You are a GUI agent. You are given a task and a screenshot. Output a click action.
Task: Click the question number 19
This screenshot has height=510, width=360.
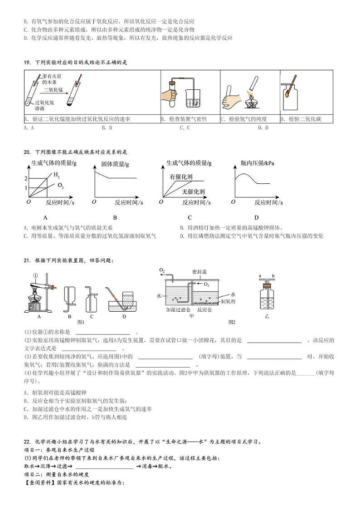pos(26,62)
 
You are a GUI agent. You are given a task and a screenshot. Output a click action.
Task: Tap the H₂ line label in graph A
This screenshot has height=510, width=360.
pos(56,174)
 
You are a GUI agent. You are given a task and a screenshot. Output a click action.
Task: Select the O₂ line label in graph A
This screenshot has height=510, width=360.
pos(60,185)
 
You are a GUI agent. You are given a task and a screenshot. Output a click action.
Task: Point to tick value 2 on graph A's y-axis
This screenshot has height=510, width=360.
pos(26,179)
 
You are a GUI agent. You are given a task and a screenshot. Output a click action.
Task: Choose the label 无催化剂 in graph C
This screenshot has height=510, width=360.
pos(194,192)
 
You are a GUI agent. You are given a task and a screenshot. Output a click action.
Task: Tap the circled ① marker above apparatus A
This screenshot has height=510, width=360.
pos(35,275)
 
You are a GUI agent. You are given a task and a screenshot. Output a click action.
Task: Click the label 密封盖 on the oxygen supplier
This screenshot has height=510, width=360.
pos(199,272)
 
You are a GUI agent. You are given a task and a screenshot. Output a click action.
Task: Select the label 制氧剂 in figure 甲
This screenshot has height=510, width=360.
pos(227,301)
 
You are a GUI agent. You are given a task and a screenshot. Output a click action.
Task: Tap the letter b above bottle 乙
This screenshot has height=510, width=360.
pos(273,275)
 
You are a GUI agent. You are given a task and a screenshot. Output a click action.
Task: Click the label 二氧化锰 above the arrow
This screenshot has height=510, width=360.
pos(53,89)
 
